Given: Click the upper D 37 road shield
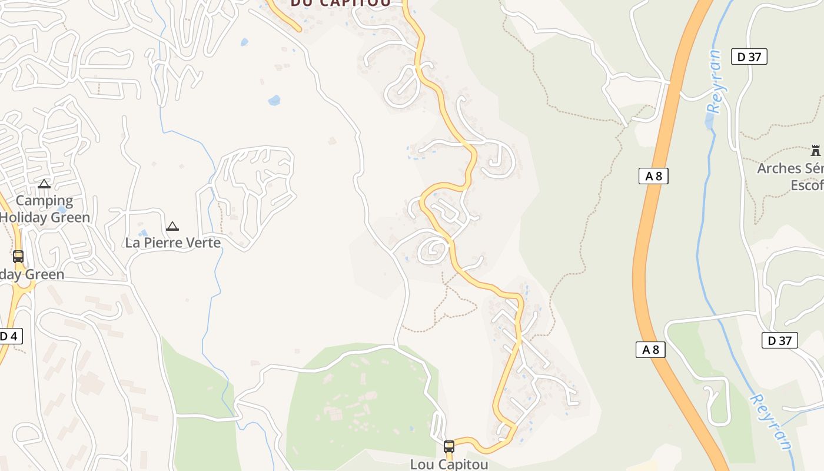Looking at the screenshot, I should click(x=749, y=57).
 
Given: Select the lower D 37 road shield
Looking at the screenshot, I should click(x=779, y=340).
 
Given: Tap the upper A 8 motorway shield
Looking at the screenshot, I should click(x=653, y=175).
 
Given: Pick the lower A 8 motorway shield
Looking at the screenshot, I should click(x=650, y=349).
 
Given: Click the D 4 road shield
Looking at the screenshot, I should click(x=9, y=336).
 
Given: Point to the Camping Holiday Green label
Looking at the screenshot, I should click(x=45, y=208).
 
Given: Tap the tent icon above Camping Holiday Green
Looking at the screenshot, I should click(x=44, y=184).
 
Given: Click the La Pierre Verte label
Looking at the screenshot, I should click(x=172, y=243).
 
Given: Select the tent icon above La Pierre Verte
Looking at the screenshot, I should click(x=172, y=226).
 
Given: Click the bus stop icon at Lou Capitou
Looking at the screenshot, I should click(x=449, y=447).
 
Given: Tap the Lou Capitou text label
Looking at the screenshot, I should click(x=449, y=464).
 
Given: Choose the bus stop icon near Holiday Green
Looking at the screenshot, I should click(x=18, y=257).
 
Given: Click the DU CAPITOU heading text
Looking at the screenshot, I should click(x=340, y=4).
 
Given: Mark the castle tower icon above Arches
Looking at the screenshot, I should click(x=815, y=150).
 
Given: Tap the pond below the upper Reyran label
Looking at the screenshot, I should click(x=710, y=121).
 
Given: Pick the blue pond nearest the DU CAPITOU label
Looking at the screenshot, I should click(x=244, y=42).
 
